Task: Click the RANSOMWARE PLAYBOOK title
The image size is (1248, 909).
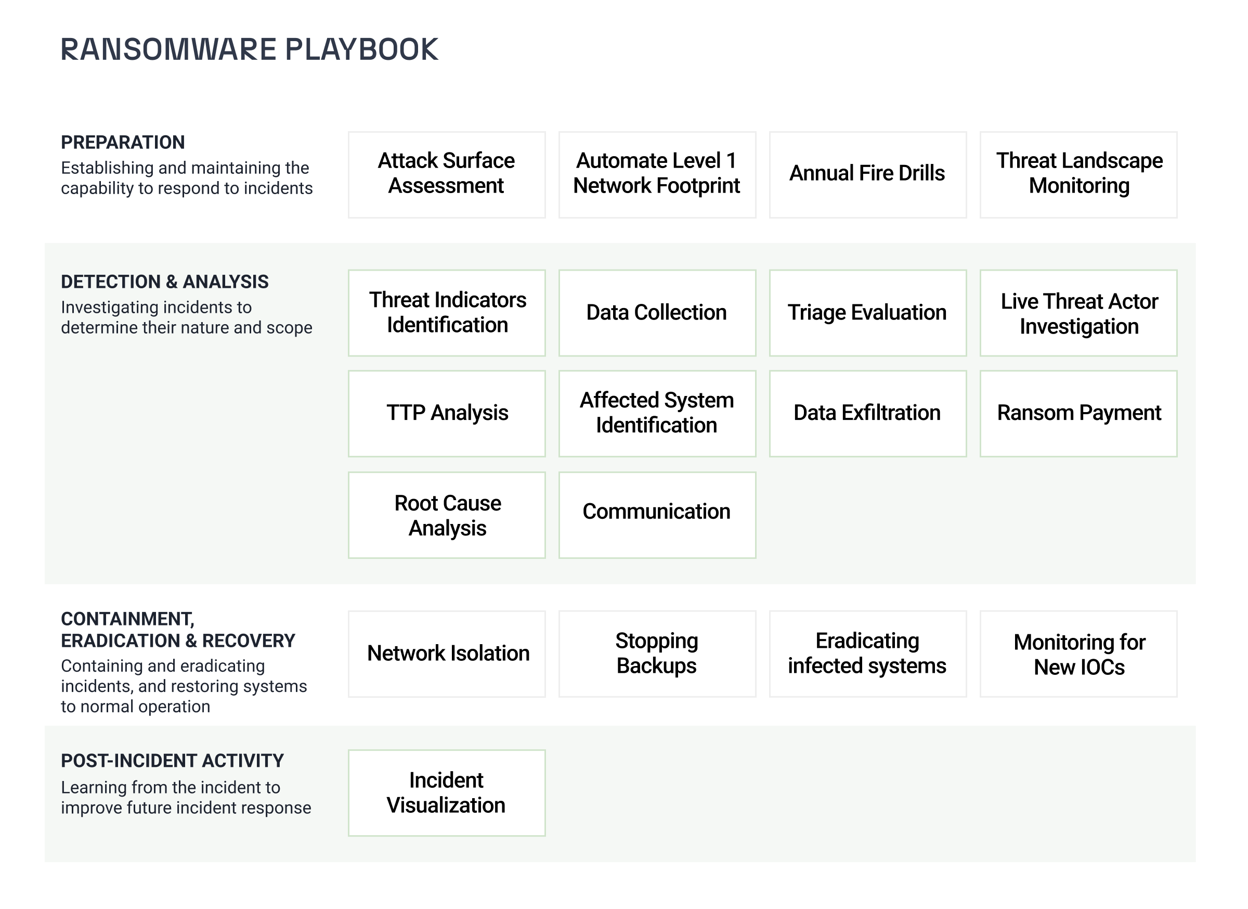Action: coord(249,49)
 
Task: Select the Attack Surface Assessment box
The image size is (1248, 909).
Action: coord(447,175)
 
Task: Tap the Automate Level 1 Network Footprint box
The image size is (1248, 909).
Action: coord(658,175)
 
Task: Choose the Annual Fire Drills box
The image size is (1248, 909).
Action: coord(868,175)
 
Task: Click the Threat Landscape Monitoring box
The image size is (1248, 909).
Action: coord(1079,175)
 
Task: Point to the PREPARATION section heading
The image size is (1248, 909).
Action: coord(123,143)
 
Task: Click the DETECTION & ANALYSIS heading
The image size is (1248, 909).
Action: coord(164,282)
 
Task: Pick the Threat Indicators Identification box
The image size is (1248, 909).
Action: coord(447,313)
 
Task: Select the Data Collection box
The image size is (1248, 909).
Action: coord(658,313)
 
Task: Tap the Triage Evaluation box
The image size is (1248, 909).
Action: coord(868,313)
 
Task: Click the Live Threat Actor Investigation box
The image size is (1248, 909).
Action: coord(1079,313)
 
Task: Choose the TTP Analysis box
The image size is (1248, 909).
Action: coord(447,414)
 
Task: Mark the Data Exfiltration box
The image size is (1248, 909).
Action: coord(868,414)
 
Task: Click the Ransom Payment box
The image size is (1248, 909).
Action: coord(1079,414)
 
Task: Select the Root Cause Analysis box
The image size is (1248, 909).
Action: coord(447,515)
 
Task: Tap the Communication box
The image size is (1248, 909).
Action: coord(658,515)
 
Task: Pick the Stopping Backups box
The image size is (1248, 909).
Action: coord(658,655)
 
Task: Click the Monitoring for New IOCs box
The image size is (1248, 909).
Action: coord(1079,655)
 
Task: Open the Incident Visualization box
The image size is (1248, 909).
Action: coord(447,794)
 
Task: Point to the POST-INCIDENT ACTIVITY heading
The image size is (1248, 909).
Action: coord(172,761)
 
